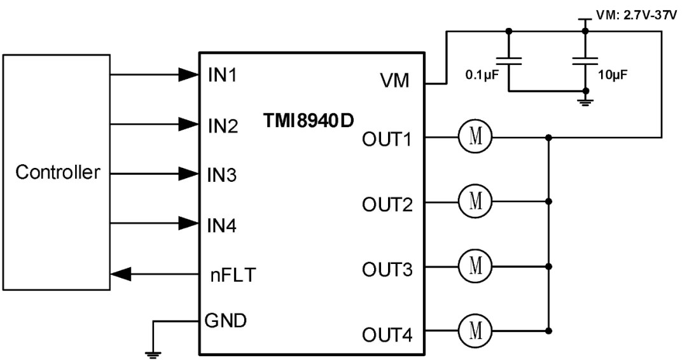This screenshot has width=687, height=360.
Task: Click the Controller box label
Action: pos(58,172)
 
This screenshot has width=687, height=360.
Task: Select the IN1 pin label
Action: pos(222,74)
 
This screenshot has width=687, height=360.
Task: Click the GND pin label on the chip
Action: pos(226,320)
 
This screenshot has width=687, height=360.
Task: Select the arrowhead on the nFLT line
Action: pos(122,275)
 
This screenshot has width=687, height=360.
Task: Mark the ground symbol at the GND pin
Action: pos(152,354)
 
